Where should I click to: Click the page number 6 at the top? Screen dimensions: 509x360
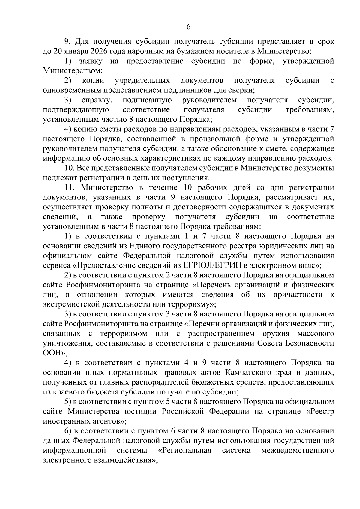coord(188,27)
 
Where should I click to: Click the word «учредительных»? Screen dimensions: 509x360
coord(142,80)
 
